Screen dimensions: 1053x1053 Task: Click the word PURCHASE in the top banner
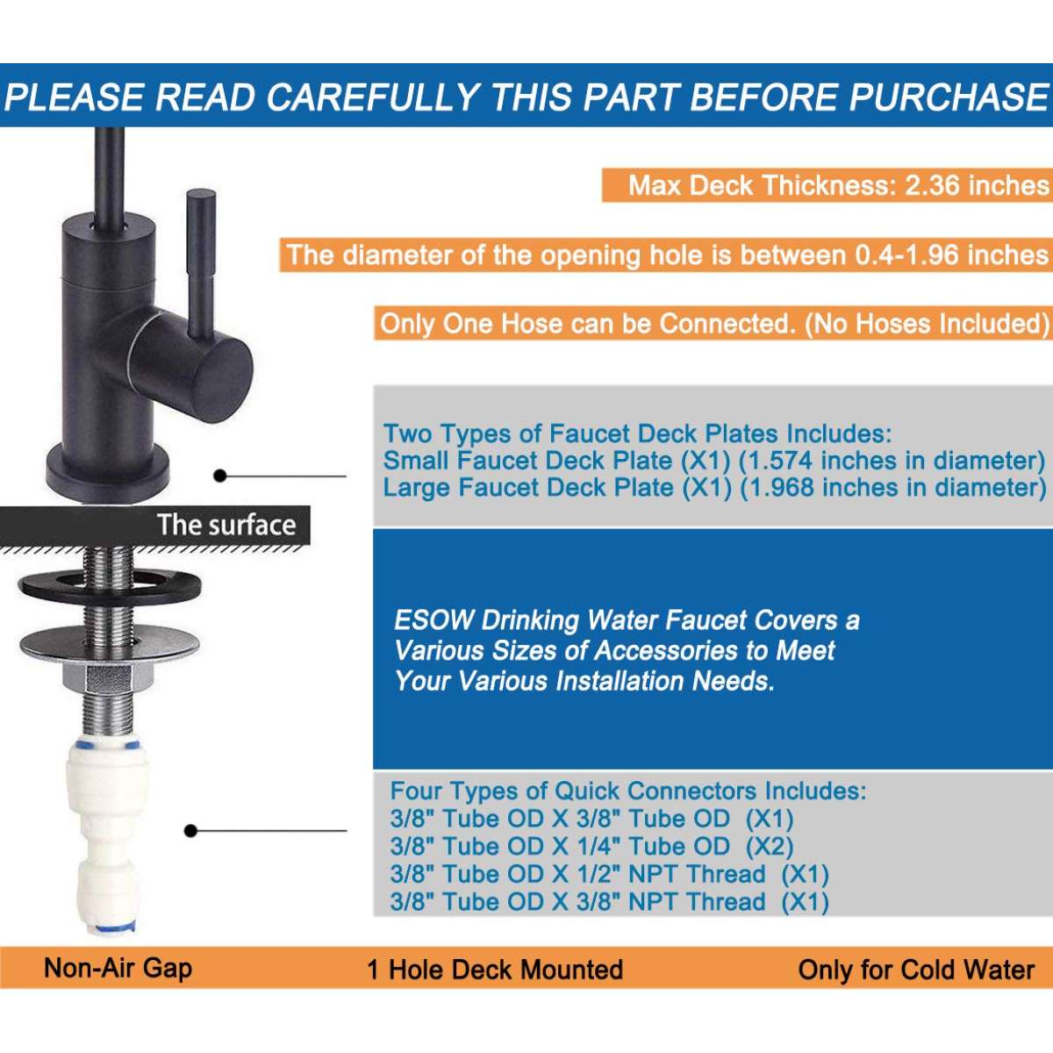[948, 97]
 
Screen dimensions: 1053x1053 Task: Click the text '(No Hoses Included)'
[927, 324]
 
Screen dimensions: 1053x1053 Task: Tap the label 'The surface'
[226, 525]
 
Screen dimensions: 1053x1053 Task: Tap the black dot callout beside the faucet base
[220, 476]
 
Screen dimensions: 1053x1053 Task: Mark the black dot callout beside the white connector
[190, 831]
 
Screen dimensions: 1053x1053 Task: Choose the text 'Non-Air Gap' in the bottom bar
[118, 968]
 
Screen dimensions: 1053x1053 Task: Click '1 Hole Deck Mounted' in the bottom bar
[495, 970]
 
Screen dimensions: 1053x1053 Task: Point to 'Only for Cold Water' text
[916, 970]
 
